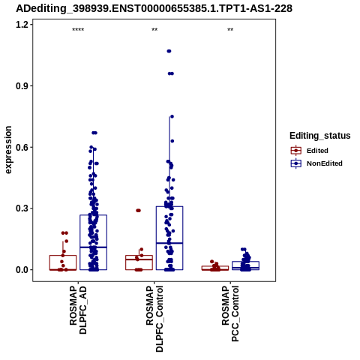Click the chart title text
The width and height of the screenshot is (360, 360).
pos(154,8)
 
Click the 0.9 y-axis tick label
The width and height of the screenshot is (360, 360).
pos(21,85)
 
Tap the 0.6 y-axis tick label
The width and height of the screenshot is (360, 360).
pos(21,147)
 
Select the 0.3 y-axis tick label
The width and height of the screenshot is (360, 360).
pos(21,208)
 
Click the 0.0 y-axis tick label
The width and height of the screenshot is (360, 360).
pos(21,270)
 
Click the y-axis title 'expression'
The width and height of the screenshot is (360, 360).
pos(8,150)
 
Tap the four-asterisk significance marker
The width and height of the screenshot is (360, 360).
pos(78,30)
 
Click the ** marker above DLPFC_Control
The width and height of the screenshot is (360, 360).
pos(154,30)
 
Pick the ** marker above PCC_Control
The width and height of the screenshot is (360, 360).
pos(230,30)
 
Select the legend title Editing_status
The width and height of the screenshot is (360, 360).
pos(320,136)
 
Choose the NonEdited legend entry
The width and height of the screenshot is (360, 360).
pos(316,163)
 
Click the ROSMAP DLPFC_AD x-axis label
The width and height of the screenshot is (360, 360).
pos(78,310)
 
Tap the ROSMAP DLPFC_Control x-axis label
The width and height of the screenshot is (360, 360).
pos(154,319)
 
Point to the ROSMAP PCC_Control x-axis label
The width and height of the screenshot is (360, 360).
pos(230,313)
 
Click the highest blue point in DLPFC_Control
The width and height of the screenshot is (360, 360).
pos(169,51)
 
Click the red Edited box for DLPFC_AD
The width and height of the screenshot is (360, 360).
pos(63,262)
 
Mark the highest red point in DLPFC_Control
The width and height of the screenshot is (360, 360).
pos(138,211)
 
